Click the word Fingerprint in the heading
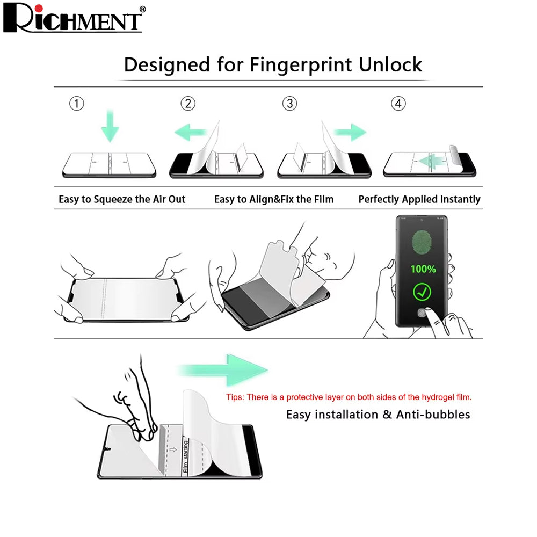[x=301, y=65]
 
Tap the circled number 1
[x=77, y=104]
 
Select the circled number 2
[x=188, y=104]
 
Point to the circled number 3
[x=290, y=104]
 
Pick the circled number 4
[x=398, y=104]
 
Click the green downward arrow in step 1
[x=110, y=126]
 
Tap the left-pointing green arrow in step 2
[x=191, y=132]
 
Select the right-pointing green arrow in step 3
[x=350, y=132]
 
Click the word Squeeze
[x=113, y=199]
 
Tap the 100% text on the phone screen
[x=423, y=269]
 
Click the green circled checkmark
[x=422, y=292]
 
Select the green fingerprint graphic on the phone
[x=422, y=242]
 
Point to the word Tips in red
[x=235, y=397]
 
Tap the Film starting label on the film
[x=186, y=456]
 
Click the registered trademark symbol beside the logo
[x=143, y=9]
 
